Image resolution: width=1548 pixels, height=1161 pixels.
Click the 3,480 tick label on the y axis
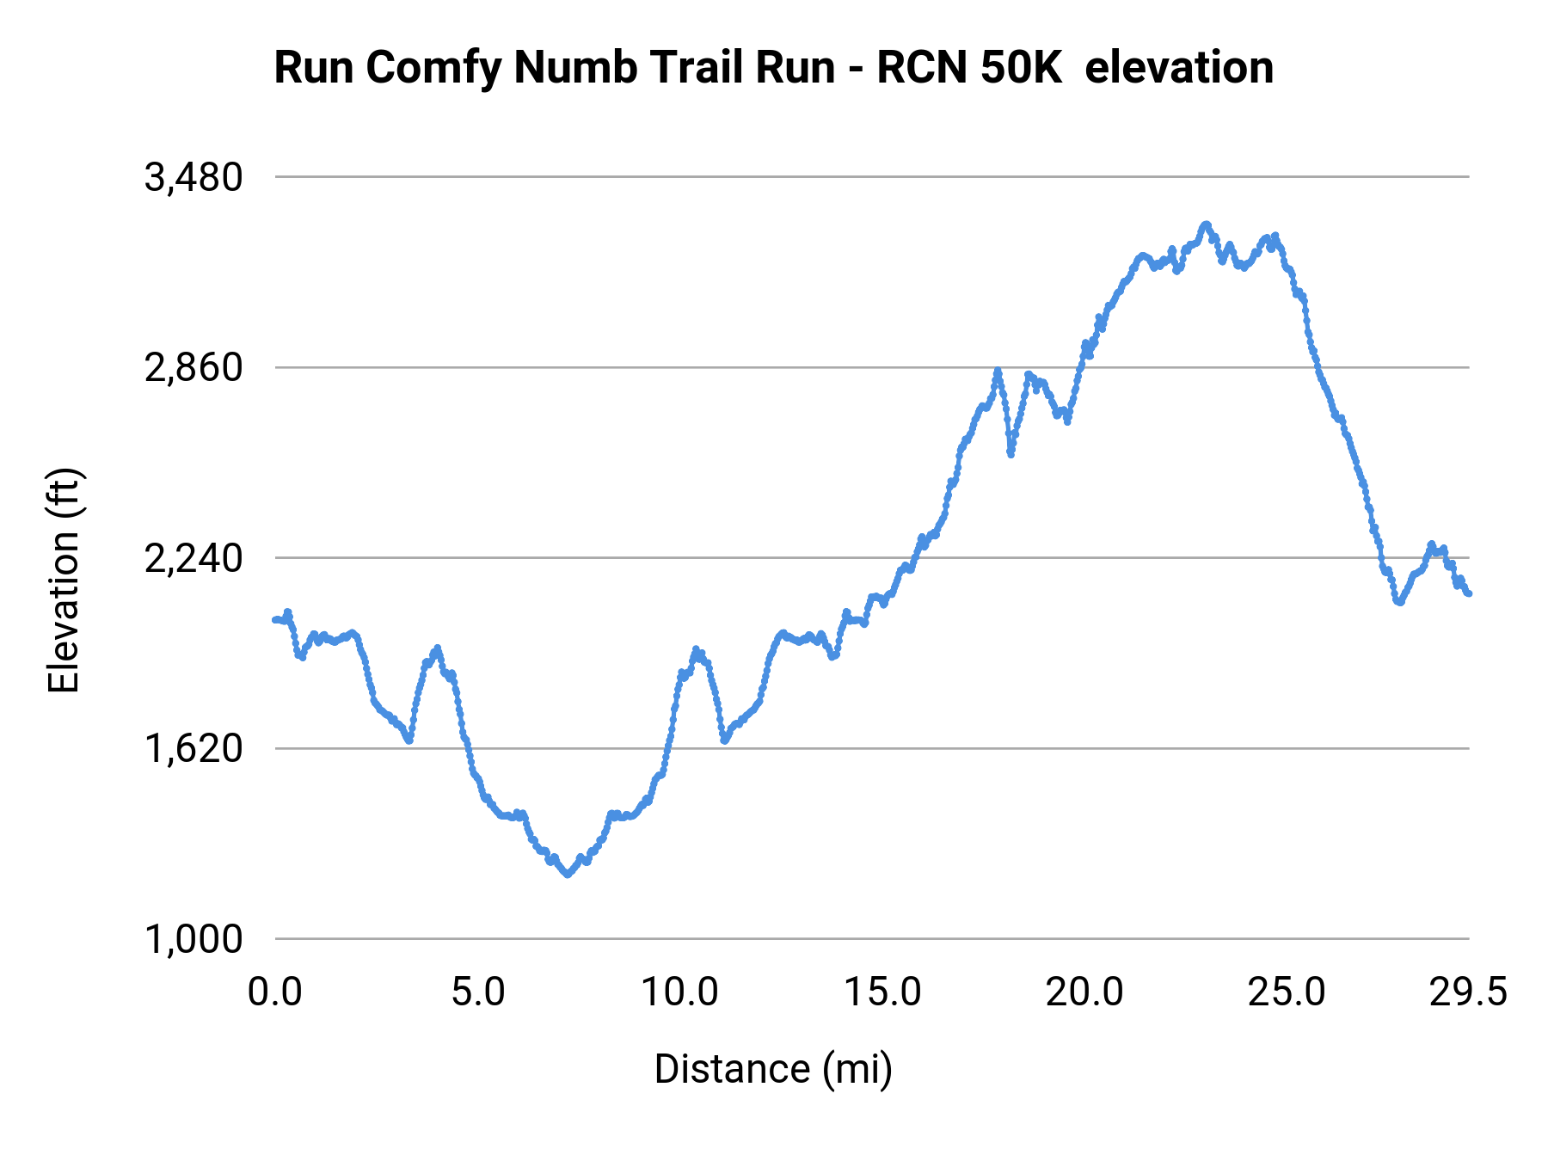(x=193, y=178)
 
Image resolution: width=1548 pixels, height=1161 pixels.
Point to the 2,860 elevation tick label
(x=193, y=368)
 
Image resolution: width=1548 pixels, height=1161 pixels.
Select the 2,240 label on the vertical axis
(x=193, y=559)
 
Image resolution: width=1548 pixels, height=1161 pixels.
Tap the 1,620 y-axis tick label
(x=193, y=749)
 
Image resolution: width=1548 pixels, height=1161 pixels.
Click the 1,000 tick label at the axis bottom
(x=193, y=940)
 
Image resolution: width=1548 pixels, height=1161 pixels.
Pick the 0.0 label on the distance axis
(x=274, y=992)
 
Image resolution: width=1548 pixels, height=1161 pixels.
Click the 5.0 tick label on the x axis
(x=478, y=992)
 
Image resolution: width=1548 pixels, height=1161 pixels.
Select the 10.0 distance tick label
(x=679, y=992)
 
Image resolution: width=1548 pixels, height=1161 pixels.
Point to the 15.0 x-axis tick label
(x=882, y=992)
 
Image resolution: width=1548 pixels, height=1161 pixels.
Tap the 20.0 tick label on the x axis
(x=1084, y=992)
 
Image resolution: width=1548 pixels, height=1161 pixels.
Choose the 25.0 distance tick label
(x=1287, y=992)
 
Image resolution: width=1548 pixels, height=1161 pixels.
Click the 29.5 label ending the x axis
(x=1468, y=992)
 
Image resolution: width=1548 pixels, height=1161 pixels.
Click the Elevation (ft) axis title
(x=64, y=580)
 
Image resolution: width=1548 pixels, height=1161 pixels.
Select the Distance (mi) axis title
(x=773, y=1069)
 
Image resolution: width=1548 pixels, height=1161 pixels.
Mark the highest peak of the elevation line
(x=1206, y=224)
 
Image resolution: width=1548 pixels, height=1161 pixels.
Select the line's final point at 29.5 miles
(x=1469, y=593)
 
